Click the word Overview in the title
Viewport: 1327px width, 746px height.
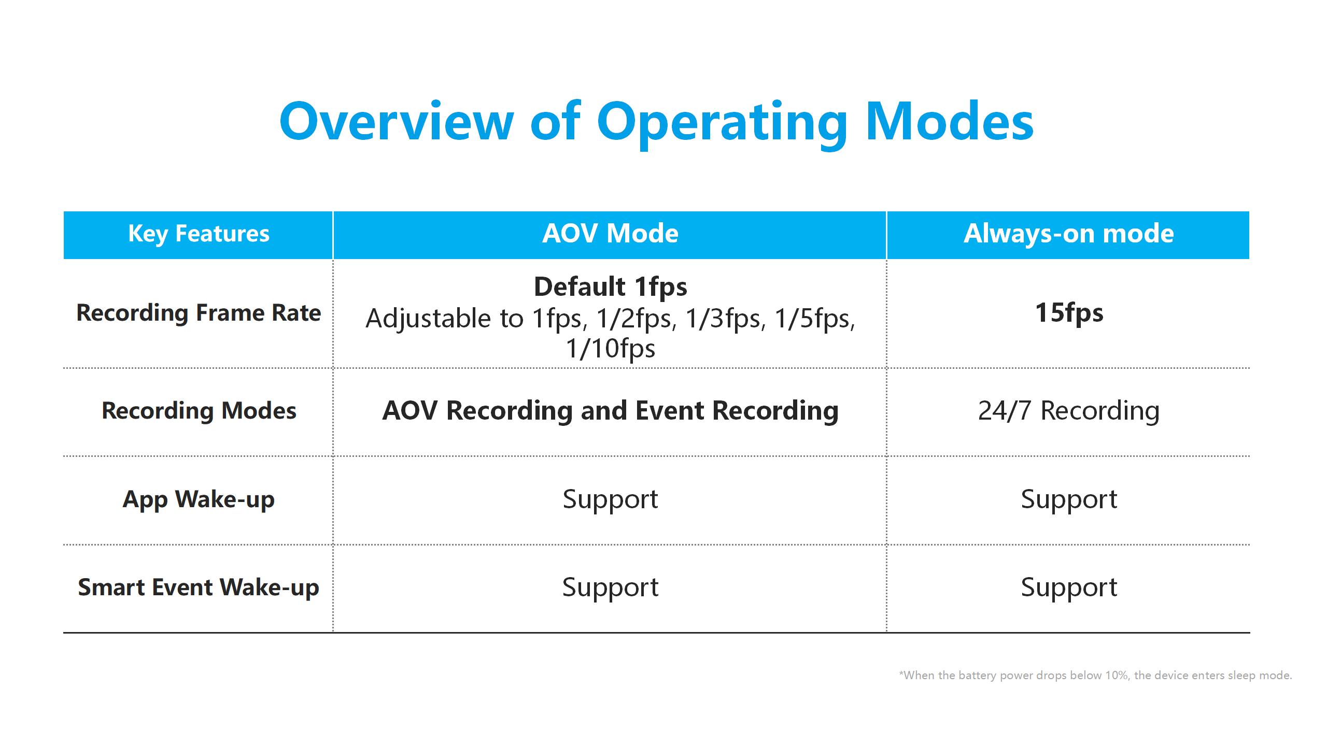pyautogui.click(x=397, y=121)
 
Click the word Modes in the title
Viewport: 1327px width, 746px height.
pyautogui.click(x=950, y=121)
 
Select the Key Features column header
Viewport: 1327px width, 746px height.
pyautogui.click(x=199, y=234)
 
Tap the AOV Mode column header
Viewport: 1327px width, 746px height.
pyautogui.click(x=610, y=234)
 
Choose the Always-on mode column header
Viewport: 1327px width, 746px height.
pyautogui.click(x=1069, y=234)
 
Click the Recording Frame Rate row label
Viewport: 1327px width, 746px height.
pyautogui.click(x=199, y=313)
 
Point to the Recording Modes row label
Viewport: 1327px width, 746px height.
pyautogui.click(x=199, y=411)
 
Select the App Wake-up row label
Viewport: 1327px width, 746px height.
pyautogui.click(x=199, y=499)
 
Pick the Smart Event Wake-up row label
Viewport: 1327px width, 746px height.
pyautogui.click(x=199, y=587)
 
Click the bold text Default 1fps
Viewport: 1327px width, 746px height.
pyautogui.click(x=610, y=287)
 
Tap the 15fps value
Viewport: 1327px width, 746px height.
pyautogui.click(x=1069, y=313)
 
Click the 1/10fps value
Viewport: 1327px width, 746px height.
pyautogui.click(x=610, y=348)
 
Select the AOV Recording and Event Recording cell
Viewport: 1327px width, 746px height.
pyautogui.click(x=610, y=411)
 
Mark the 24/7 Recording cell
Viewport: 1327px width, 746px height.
pyautogui.click(x=1069, y=411)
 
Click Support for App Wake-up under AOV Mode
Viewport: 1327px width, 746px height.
pyautogui.click(x=610, y=499)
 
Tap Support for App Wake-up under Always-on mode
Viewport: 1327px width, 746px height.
pyautogui.click(x=1069, y=499)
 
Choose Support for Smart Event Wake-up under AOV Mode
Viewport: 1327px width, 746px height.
pyautogui.click(x=610, y=587)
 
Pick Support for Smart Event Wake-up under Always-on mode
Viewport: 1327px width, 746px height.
pyautogui.click(x=1069, y=587)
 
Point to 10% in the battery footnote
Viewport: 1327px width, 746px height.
pyautogui.click(x=1117, y=676)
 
